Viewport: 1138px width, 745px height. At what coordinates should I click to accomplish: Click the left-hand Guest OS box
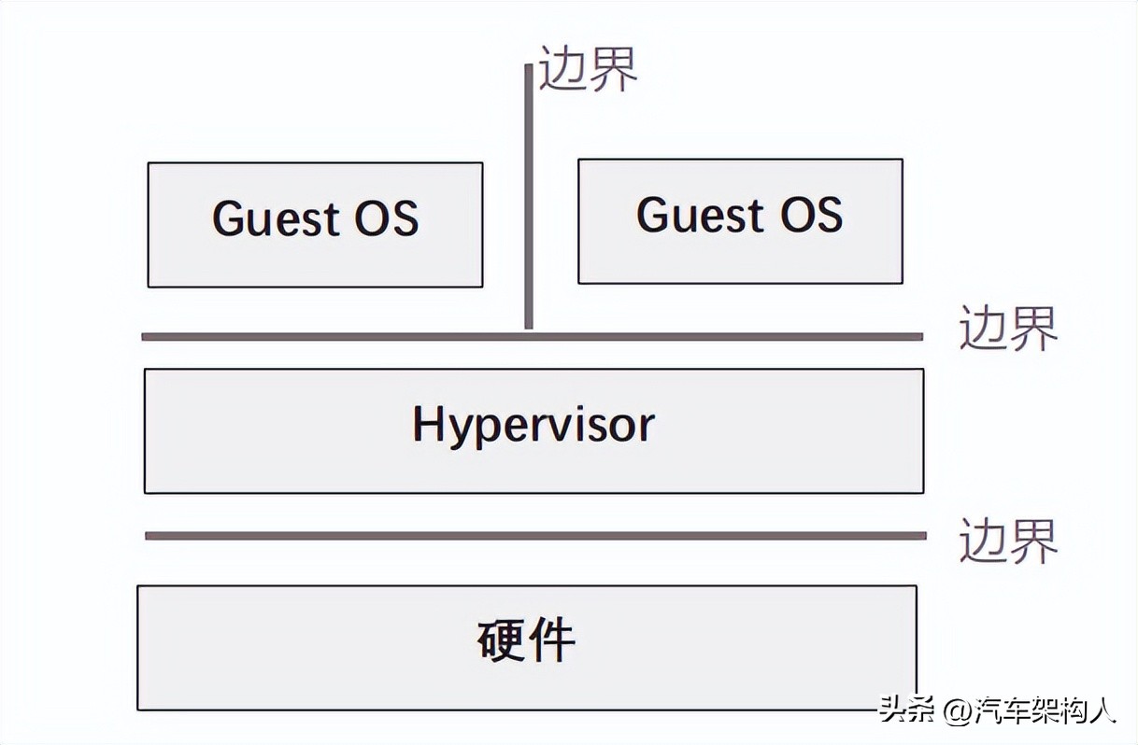pos(315,225)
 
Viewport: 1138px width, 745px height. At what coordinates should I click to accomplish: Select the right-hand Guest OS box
pos(740,221)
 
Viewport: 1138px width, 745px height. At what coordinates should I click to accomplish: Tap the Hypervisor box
pos(533,430)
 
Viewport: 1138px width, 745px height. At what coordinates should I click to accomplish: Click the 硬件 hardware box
pos(526,647)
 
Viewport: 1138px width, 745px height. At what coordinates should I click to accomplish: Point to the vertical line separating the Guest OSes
pos(529,196)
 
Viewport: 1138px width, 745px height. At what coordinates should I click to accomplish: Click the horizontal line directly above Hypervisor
pos(533,336)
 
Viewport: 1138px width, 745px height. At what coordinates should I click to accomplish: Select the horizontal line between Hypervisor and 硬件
pos(535,535)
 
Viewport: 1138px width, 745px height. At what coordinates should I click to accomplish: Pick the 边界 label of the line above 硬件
pos(1008,541)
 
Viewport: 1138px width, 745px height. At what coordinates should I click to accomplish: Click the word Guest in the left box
pos(275,218)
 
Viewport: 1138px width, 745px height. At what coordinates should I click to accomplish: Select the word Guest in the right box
pos(699,215)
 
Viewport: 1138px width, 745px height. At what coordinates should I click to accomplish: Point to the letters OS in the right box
pos(810,215)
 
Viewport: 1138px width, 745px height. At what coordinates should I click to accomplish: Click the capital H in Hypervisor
pos(426,425)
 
